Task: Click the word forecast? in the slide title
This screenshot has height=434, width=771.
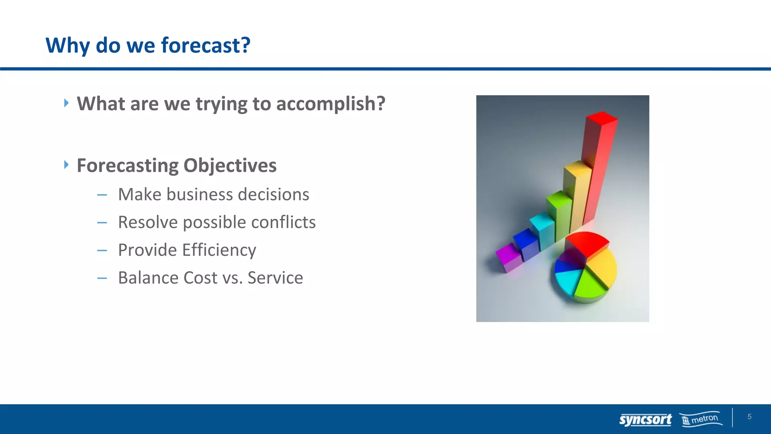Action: [206, 45]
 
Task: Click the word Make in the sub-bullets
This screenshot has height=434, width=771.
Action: [140, 194]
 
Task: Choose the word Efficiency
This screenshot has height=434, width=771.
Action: [219, 250]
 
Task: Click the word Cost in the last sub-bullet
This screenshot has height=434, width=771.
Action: [200, 278]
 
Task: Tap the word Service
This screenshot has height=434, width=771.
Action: [275, 278]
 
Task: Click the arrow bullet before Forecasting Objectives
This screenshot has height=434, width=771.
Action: [66, 165]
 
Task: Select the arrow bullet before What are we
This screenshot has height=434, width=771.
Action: [66, 103]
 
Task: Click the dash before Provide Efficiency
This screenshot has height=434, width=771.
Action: [102, 251]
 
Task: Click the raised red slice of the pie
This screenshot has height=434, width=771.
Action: [587, 243]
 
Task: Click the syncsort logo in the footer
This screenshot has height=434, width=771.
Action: [645, 419]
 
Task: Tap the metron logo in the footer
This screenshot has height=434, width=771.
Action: [702, 419]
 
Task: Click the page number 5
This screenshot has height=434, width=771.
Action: [749, 417]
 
